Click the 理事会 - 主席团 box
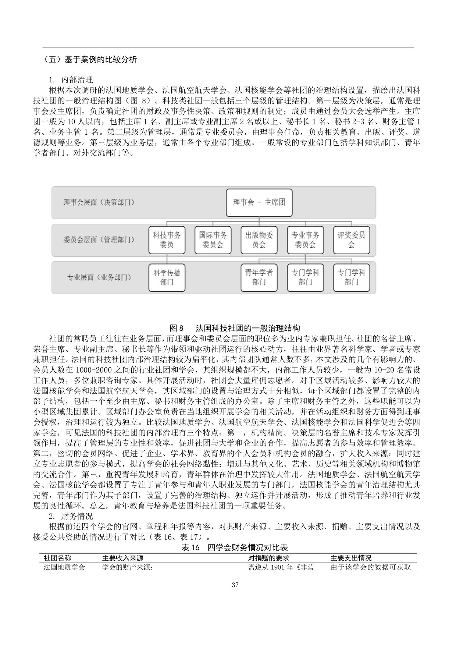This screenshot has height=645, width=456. (259, 202)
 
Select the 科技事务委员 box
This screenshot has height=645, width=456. (167, 240)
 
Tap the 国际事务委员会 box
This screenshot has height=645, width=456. (213, 240)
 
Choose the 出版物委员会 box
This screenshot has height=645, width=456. (259, 240)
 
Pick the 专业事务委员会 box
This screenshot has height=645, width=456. (305, 240)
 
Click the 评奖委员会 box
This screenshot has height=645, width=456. (352, 240)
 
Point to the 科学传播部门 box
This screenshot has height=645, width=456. (167, 277)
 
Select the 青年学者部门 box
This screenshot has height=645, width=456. (259, 277)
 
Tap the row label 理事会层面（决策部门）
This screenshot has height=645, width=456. (99, 202)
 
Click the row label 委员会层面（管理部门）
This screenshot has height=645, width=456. (99, 240)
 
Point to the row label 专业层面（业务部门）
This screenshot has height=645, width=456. (99, 277)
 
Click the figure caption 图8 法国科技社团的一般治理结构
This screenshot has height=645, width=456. (235, 328)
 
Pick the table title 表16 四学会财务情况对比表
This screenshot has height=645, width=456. (235, 547)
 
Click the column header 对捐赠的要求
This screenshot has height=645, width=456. (268, 558)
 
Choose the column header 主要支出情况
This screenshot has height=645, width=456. (351, 558)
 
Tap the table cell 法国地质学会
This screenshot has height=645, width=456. (64, 567)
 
